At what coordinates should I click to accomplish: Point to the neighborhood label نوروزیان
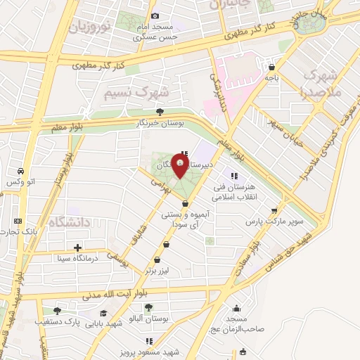90,29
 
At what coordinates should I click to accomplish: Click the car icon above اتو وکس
21,172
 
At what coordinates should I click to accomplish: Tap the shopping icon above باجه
271,67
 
